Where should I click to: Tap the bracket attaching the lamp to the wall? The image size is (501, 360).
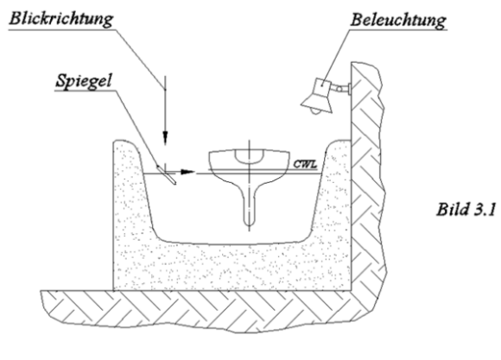point(342,86)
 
